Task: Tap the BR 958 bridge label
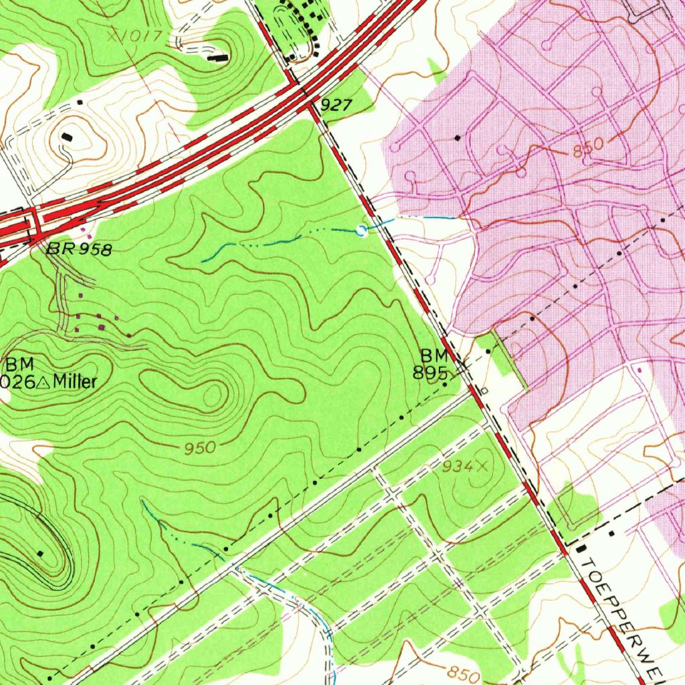click(79, 250)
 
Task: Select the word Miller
click(75, 382)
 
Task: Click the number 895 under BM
click(429, 373)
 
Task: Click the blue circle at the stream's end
click(362, 231)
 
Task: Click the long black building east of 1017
click(217, 58)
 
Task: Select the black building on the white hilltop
click(67, 136)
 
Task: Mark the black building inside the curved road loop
click(41, 553)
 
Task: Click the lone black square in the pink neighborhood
click(458, 137)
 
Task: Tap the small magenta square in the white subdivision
click(640, 369)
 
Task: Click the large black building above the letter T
click(579, 549)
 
